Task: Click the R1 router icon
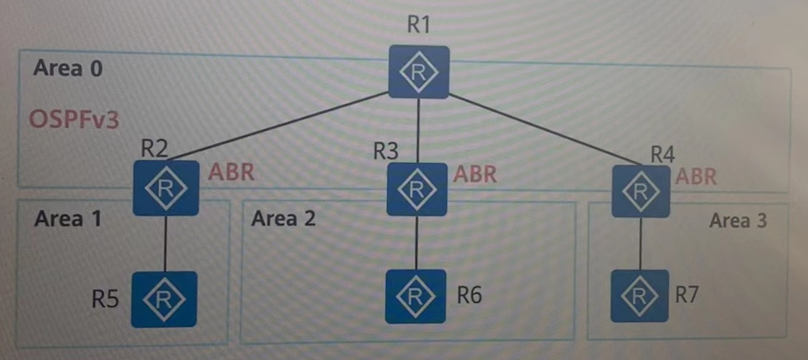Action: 419,72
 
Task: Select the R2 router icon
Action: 166,188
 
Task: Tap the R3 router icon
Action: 417,189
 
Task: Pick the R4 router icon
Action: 641,191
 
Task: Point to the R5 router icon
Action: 164,299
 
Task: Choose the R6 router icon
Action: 416,296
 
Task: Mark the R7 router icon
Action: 639,296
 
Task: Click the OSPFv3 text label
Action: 73,118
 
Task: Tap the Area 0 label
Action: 68,69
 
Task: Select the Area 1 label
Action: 68,218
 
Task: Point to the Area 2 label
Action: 284,218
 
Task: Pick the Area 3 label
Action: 738,221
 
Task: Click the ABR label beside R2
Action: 231,172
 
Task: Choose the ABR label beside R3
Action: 475,174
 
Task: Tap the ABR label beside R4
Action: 695,176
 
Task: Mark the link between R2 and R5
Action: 165,243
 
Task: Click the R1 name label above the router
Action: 419,26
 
